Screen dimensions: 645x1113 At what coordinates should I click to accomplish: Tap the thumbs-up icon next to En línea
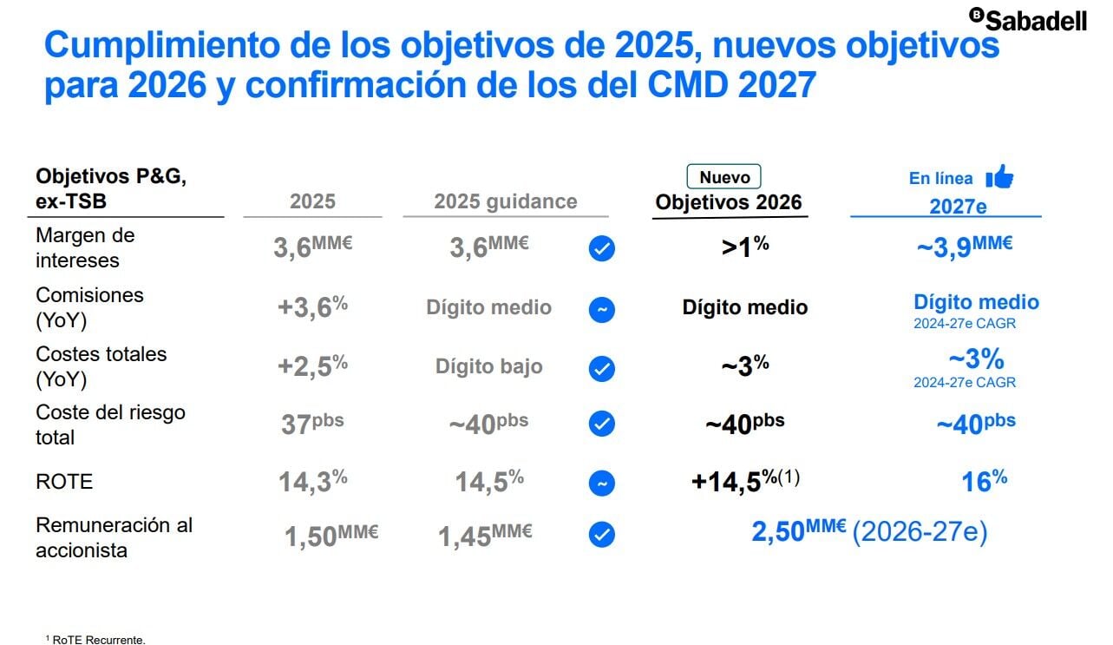(999, 177)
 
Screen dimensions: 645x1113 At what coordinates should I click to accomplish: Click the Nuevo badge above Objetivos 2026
(724, 177)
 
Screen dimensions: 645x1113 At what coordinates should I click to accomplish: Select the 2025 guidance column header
(505, 201)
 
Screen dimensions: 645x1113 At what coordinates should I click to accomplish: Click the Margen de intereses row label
(85, 247)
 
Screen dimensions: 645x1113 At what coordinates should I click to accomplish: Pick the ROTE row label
(63, 482)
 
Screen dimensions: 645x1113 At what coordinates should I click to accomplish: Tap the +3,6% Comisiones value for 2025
(312, 307)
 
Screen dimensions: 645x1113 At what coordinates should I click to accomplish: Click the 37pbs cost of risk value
(312, 424)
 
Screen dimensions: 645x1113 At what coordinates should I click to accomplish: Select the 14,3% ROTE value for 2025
(312, 482)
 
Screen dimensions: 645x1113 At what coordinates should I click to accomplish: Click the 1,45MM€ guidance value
(485, 536)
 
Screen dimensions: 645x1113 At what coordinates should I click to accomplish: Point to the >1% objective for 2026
(745, 247)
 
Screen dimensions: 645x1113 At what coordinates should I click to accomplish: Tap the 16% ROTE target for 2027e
(984, 481)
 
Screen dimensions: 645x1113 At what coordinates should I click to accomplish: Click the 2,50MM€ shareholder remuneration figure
(798, 531)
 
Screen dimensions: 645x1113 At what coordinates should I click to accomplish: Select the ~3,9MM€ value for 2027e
(965, 247)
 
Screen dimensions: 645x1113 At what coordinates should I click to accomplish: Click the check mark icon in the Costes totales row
(601, 369)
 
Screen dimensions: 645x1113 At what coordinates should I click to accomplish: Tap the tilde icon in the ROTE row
(601, 483)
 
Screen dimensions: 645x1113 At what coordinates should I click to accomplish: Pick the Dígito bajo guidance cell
(488, 366)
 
